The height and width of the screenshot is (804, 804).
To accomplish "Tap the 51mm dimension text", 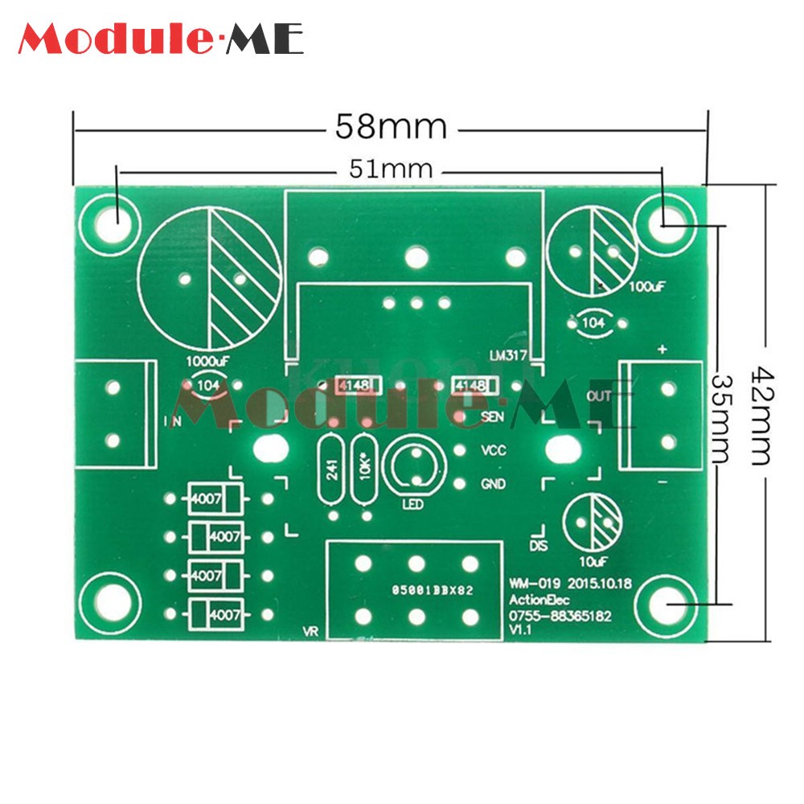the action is (390, 170).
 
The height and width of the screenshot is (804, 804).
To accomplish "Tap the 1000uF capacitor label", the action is (207, 361).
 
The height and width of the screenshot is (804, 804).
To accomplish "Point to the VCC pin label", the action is (493, 451).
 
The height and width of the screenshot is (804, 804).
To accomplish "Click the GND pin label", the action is (493, 484).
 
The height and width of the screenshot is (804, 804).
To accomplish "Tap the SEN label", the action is (492, 416).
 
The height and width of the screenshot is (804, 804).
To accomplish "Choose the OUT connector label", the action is (600, 396).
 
